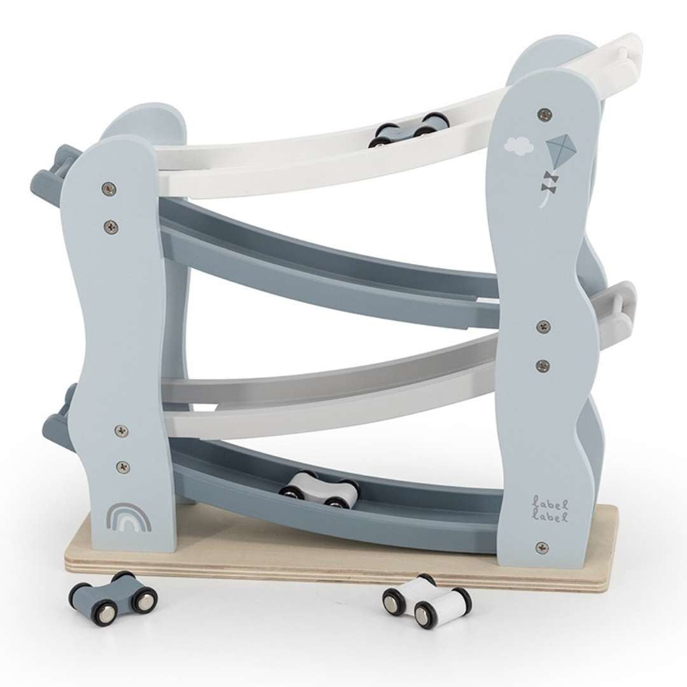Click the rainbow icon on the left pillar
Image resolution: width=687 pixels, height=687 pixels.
129,517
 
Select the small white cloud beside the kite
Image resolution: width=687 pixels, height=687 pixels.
518,146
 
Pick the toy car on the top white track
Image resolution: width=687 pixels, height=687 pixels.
411,130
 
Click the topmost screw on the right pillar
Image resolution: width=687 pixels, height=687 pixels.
544,114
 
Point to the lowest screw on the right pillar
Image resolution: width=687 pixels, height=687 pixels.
542,547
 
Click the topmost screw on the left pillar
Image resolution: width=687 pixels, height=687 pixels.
109,188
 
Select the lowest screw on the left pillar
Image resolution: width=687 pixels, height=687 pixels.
123,467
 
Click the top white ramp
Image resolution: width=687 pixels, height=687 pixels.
318,159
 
